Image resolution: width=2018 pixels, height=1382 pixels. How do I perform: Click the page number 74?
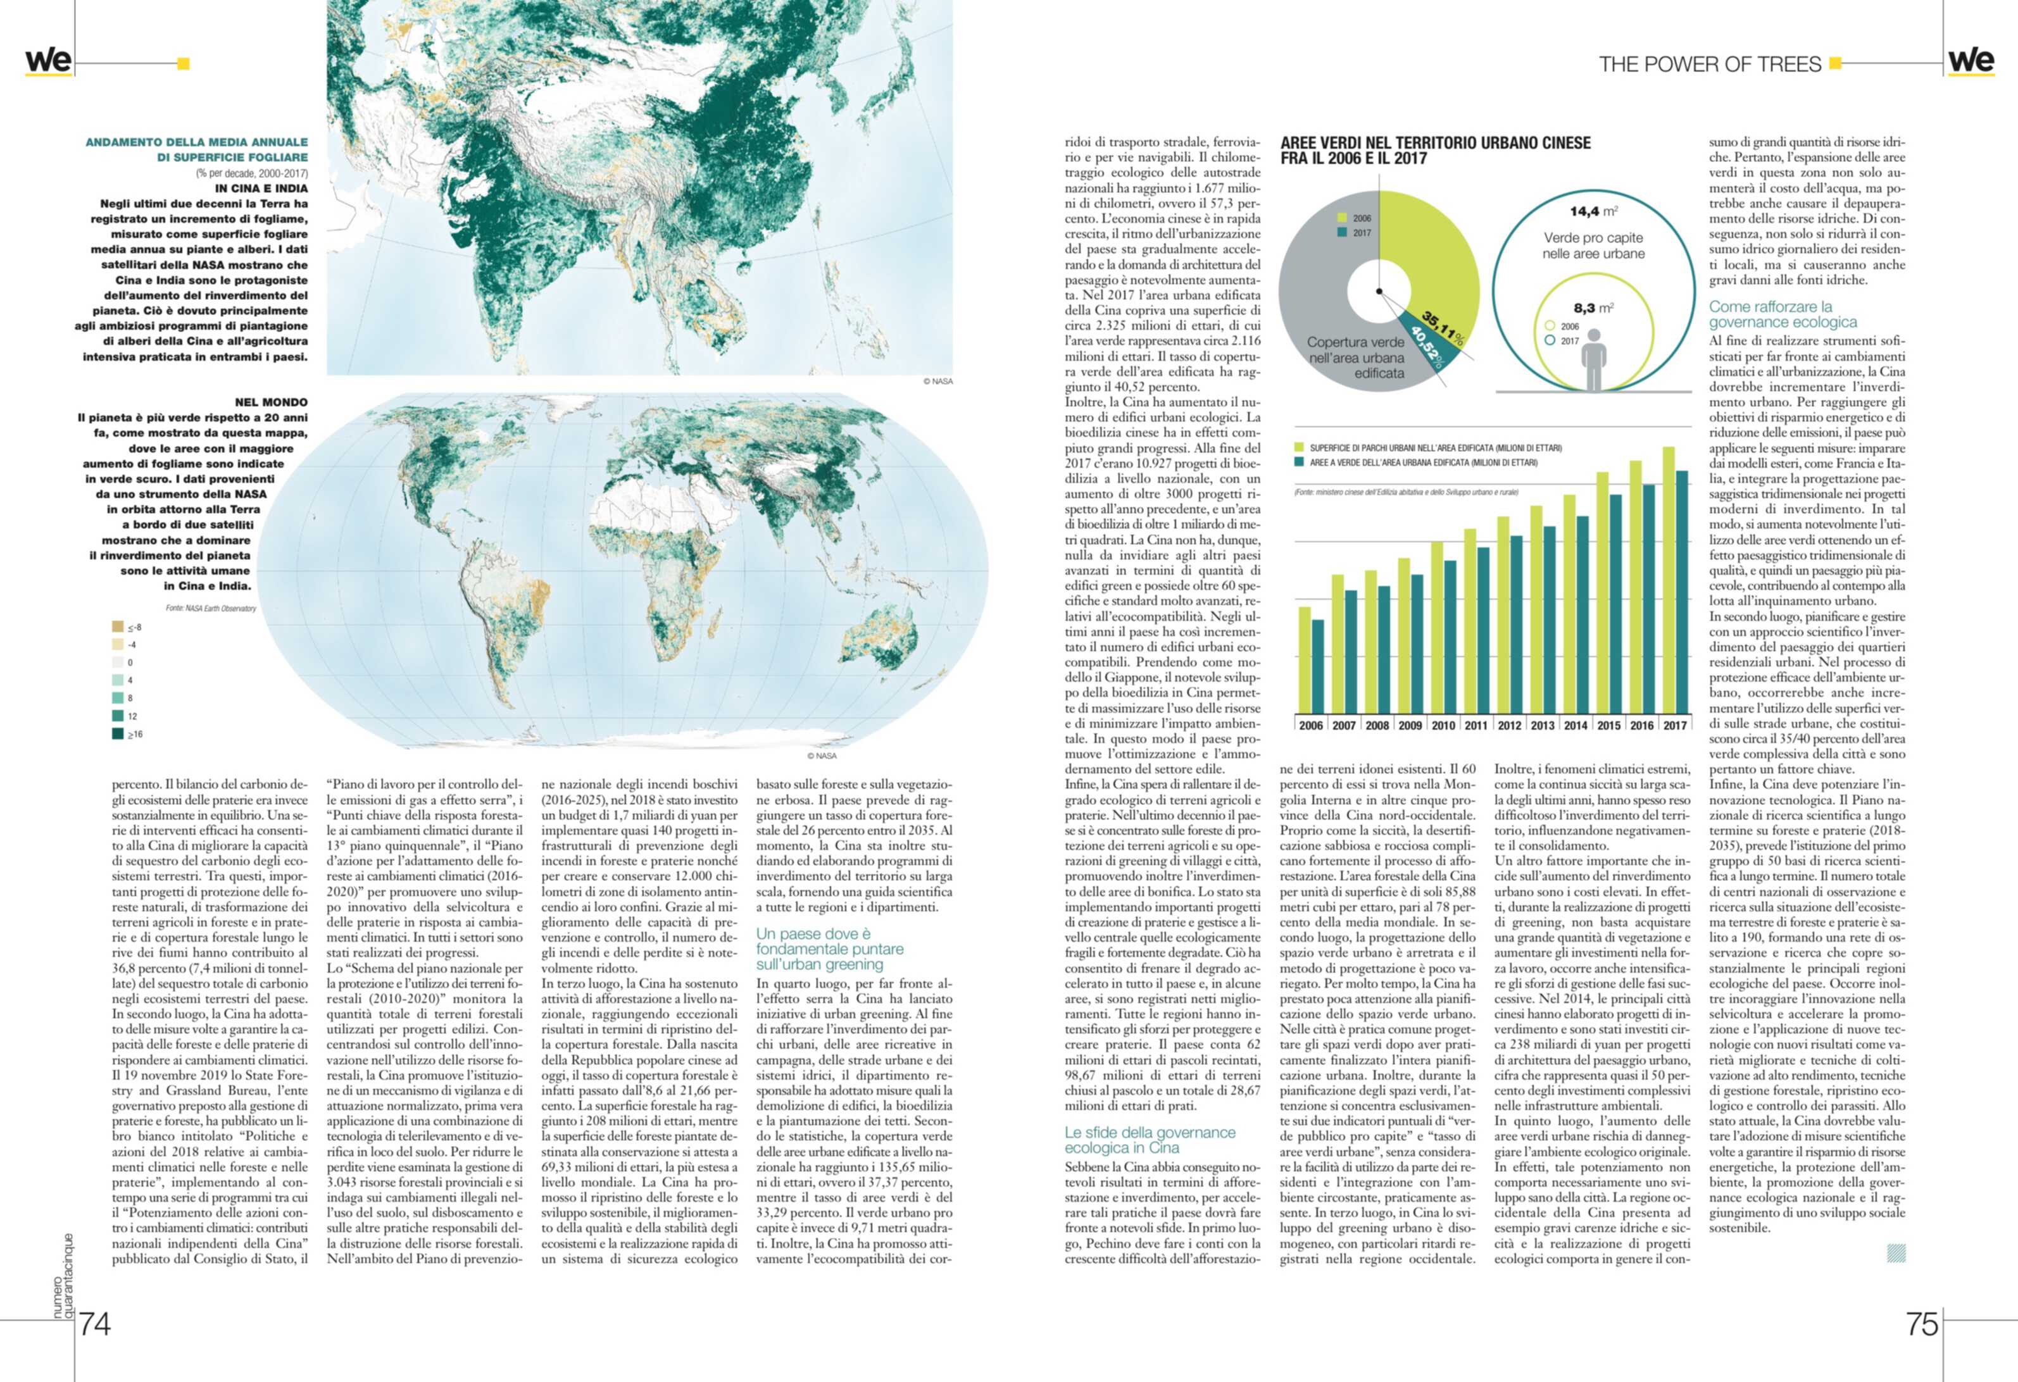pyautogui.click(x=95, y=1324)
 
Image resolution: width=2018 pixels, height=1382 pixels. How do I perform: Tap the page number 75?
pyautogui.click(x=1922, y=1324)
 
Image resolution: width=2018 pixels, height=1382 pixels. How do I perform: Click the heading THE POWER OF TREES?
pyautogui.click(x=1710, y=65)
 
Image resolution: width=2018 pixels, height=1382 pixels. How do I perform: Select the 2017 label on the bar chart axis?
pyautogui.click(x=1675, y=726)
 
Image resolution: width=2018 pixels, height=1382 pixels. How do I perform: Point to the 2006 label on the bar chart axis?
pyautogui.click(x=1311, y=726)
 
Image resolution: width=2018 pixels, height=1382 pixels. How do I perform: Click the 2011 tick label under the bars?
pyautogui.click(x=1476, y=726)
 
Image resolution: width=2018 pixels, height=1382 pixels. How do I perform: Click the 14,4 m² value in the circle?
pyautogui.click(x=1593, y=211)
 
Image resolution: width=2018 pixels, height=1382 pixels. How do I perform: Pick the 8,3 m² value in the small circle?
pyautogui.click(x=1593, y=308)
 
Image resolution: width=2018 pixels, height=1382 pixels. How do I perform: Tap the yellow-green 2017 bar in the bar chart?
pyautogui.click(x=1668, y=582)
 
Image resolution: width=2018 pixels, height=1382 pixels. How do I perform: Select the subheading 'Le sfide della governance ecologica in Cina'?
pyautogui.click(x=1150, y=1140)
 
